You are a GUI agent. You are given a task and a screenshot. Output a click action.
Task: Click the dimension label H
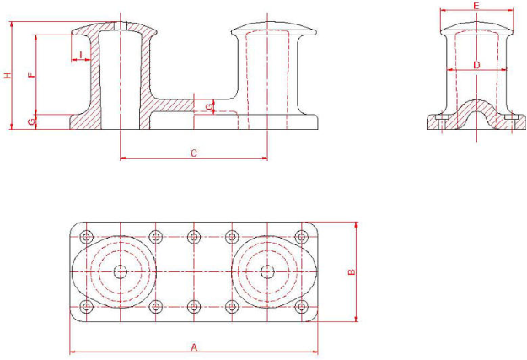pyautogui.click(x=8, y=75)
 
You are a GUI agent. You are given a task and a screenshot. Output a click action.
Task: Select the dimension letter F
pyautogui.click(x=31, y=75)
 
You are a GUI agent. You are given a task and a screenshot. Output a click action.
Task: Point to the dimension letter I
pyautogui.click(x=81, y=55)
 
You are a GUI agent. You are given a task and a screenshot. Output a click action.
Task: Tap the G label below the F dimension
pyautogui.click(x=31, y=122)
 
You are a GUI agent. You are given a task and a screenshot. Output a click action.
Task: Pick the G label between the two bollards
pyautogui.click(x=209, y=107)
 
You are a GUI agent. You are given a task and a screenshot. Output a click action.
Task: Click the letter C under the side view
pyautogui.click(x=194, y=153)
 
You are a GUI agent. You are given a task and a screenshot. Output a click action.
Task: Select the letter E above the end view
pyautogui.click(x=476, y=6)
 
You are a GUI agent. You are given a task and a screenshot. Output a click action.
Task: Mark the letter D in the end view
pyautogui.click(x=476, y=65)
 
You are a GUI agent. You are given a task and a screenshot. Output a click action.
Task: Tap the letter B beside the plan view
pyautogui.click(x=352, y=272)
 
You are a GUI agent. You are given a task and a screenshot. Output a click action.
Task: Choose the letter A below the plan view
pyautogui.click(x=194, y=347)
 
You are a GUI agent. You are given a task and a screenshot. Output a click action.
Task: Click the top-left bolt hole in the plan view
pyautogui.click(x=87, y=237)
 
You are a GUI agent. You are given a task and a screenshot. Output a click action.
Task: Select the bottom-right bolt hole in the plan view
pyautogui.click(x=302, y=307)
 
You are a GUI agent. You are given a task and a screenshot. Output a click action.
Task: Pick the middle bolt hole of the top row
pyautogui.click(x=194, y=237)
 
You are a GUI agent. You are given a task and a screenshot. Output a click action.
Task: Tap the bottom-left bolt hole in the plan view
pyautogui.click(x=87, y=307)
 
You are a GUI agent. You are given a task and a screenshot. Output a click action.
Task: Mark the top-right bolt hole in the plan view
pyautogui.click(x=302, y=237)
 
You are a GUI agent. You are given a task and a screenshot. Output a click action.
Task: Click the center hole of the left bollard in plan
pyautogui.click(x=120, y=271)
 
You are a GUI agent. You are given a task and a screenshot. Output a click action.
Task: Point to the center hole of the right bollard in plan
pyautogui.click(x=267, y=271)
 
